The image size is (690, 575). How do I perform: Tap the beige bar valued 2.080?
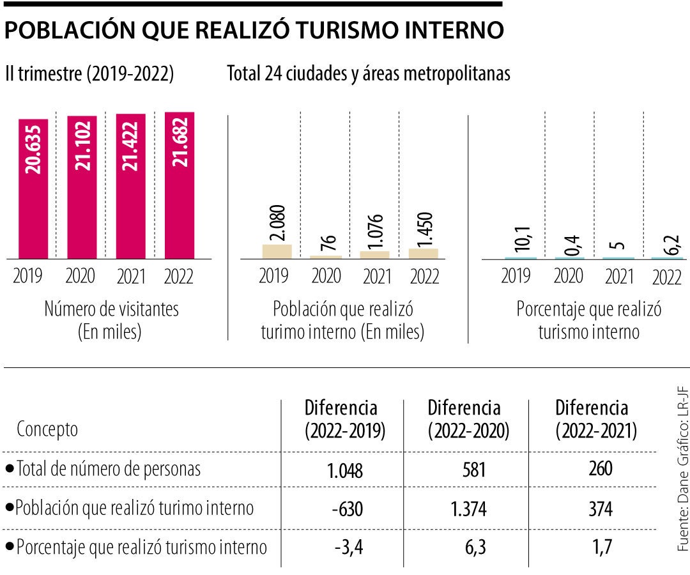click(277, 251)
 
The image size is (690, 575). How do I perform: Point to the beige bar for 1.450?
click(424, 253)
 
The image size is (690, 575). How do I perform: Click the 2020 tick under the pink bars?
click(80, 276)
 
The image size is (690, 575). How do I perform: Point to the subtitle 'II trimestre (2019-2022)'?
click(89, 74)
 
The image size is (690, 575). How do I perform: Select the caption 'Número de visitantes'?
click(111, 309)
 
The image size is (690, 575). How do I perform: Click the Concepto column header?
click(47, 429)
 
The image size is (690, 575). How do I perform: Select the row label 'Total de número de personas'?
click(108, 469)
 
